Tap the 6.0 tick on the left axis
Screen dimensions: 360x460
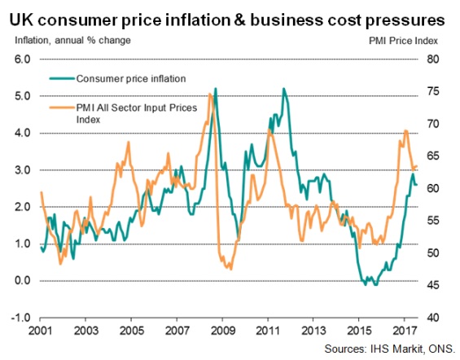[x=22, y=59]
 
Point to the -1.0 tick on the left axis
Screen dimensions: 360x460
[x=21, y=318]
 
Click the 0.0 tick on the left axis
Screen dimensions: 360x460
[x=22, y=281]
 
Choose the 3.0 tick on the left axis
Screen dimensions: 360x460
[x=22, y=170]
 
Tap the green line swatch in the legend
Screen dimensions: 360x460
[x=61, y=79]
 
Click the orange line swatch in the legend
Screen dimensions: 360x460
[x=61, y=107]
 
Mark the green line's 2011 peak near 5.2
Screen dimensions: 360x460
[x=283, y=89]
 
